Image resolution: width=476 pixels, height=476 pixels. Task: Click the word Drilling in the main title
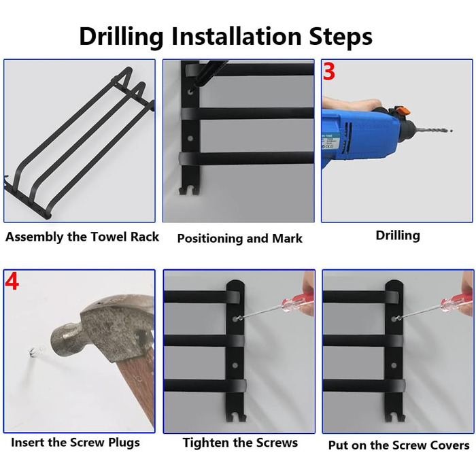click(121, 37)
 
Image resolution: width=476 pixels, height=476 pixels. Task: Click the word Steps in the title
click(341, 37)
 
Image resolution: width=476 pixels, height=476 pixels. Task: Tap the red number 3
click(328, 71)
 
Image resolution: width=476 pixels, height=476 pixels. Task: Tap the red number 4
click(12, 282)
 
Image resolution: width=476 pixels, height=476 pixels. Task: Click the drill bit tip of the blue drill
click(452, 131)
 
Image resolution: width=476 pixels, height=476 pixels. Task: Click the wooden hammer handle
click(136, 392)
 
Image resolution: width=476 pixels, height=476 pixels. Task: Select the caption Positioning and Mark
click(239, 238)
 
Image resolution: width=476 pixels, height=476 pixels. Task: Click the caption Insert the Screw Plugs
click(75, 442)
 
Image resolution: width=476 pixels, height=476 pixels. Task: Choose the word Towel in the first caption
click(109, 237)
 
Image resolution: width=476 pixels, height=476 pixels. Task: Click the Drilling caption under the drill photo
click(398, 235)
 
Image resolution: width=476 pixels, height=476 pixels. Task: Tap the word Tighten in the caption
click(205, 443)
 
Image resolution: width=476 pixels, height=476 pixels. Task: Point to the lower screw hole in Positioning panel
click(190, 139)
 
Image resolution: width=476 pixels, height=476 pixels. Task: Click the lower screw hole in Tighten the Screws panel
click(235, 365)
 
